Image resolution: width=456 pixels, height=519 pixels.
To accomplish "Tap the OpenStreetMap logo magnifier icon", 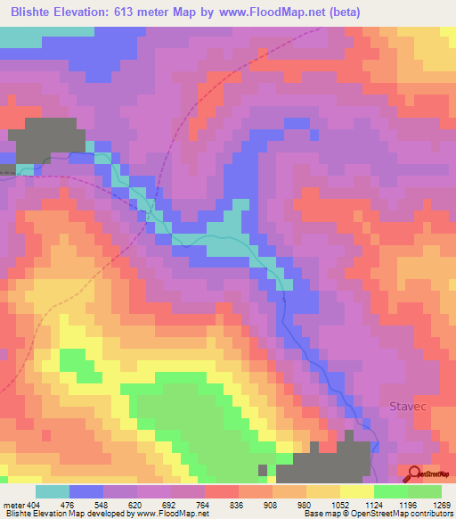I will pos(414,474).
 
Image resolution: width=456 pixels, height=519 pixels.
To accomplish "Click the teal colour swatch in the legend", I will pos(53,491).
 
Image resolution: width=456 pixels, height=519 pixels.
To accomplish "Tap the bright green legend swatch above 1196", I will pos(390,491).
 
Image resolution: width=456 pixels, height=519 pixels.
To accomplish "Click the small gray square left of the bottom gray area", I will pos(262,469).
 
